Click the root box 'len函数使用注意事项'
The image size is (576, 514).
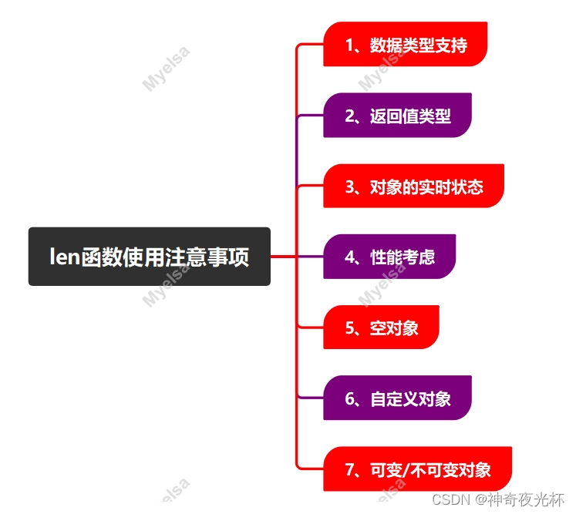point(149,257)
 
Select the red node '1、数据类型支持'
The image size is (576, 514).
point(406,45)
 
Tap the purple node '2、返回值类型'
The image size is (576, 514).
point(397,116)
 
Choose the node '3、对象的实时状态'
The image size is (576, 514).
point(413,186)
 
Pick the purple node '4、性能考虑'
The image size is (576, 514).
point(389,257)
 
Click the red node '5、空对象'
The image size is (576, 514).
point(381,328)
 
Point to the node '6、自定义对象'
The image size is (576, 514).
point(397,398)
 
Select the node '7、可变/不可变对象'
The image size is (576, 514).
point(417,469)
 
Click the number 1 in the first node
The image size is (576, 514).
point(349,45)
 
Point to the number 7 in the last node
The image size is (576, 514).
point(349,470)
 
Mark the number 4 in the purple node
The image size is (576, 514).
point(349,257)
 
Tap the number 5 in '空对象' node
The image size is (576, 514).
point(349,328)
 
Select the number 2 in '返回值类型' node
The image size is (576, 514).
point(349,116)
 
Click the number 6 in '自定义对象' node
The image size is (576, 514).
point(349,399)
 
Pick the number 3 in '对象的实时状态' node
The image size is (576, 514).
point(349,187)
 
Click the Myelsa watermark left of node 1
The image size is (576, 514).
point(166,69)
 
